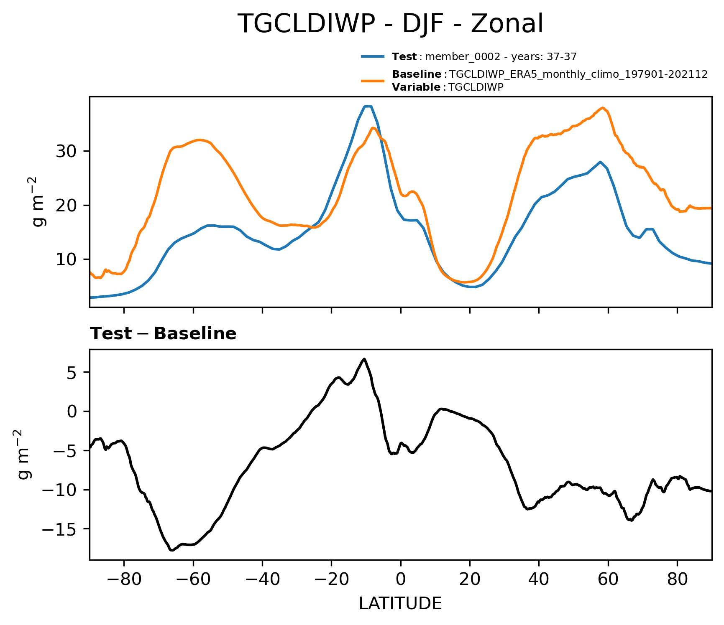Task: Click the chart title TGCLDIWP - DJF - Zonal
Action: click(390, 24)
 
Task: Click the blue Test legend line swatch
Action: click(373, 56)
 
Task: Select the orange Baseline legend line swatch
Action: click(373, 80)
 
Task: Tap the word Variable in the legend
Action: click(416, 87)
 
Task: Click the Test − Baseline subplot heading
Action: click(163, 334)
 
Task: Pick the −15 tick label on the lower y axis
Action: click(62, 529)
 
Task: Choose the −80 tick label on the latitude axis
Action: click(124, 579)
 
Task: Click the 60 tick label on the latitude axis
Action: click(608, 579)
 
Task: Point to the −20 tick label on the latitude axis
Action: click(331, 579)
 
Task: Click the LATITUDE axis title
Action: click(400, 603)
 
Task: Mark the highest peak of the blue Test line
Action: click(368, 106)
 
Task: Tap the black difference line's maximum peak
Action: click(364, 358)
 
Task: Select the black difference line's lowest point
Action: click(171, 551)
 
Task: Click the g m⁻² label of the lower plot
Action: click(24, 455)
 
